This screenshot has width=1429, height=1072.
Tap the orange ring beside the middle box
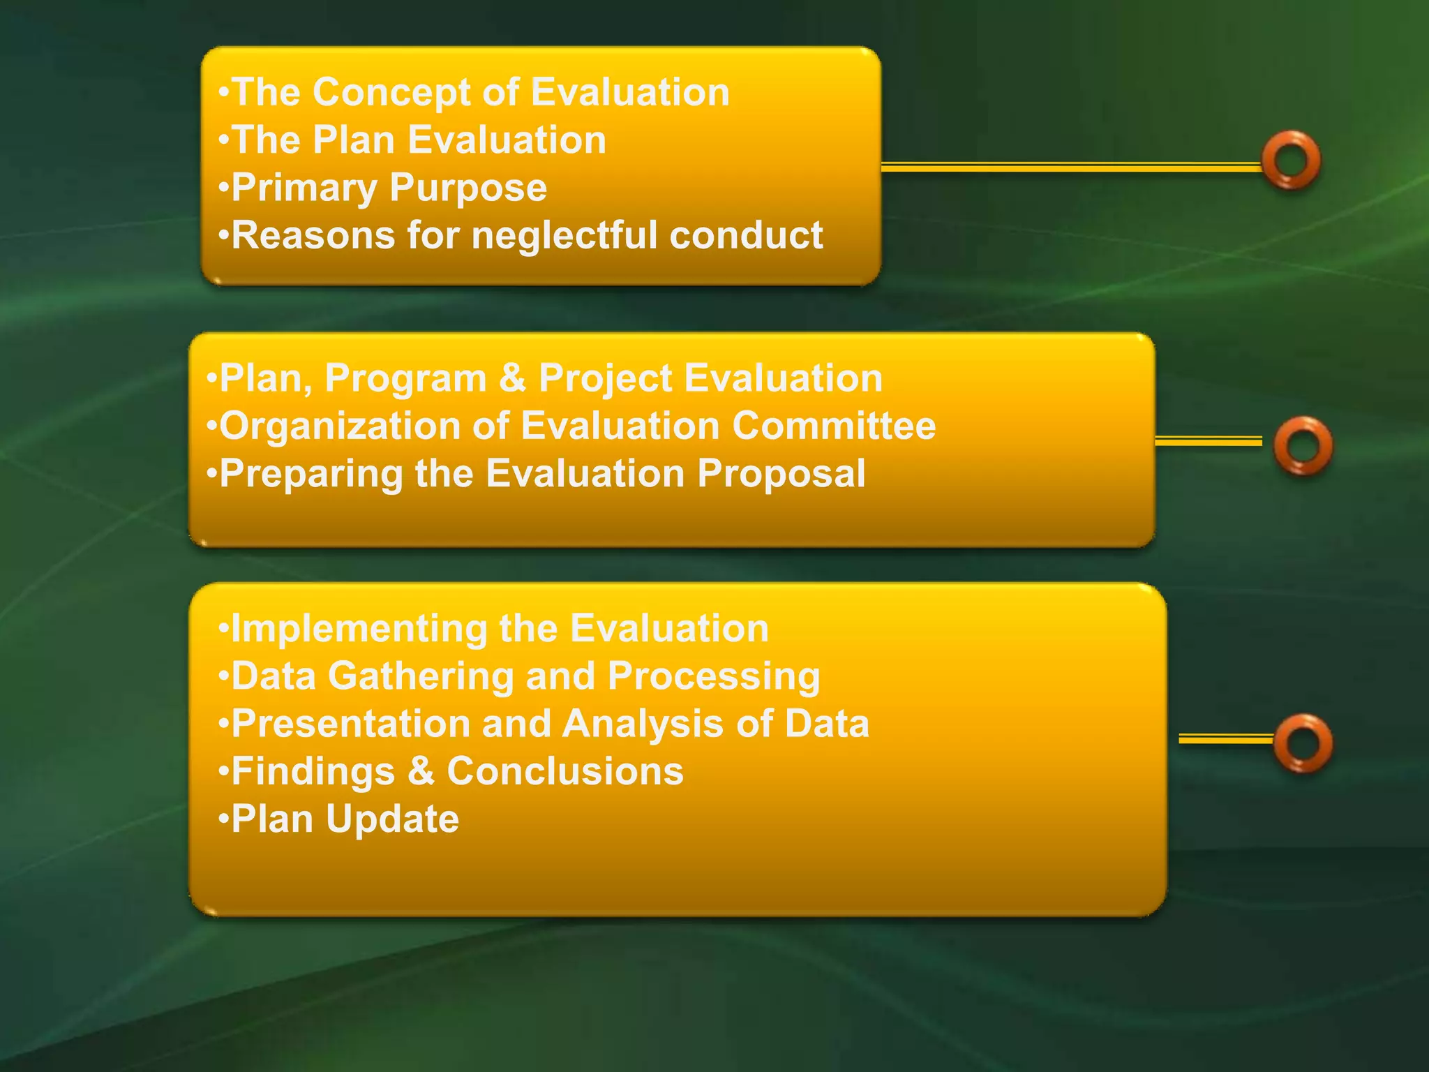pyautogui.click(x=1303, y=445)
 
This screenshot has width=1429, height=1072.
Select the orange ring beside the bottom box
pyautogui.click(x=1303, y=743)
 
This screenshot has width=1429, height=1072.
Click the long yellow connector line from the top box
pyautogui.click(x=1071, y=166)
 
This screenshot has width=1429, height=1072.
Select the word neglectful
pyautogui.click(x=564, y=235)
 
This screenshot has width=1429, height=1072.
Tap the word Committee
pyautogui.click(x=834, y=426)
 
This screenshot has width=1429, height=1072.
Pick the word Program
pyautogui.click(x=405, y=379)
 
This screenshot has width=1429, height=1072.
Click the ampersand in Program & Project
pyautogui.click(x=513, y=378)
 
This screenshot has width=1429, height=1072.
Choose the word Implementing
pyautogui.click(x=359, y=629)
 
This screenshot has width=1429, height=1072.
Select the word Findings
pyautogui.click(x=313, y=772)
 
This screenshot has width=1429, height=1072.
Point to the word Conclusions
pyautogui.click(x=565, y=771)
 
